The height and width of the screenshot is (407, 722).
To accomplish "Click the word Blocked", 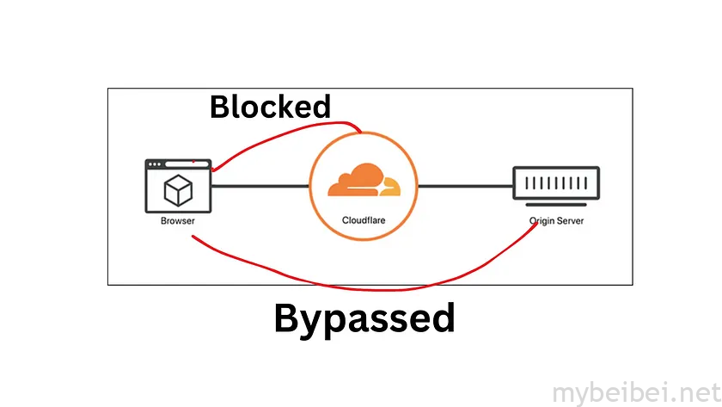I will tap(270, 107).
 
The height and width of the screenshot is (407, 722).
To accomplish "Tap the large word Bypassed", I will tap(364, 318).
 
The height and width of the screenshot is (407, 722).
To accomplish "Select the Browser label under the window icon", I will tap(178, 221).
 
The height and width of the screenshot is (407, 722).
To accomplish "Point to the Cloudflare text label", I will tap(363, 220).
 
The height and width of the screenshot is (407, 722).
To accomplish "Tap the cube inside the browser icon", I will tap(178, 191).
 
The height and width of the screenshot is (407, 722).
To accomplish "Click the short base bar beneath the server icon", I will tap(556, 205).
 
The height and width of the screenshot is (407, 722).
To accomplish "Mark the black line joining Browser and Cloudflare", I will tap(260, 185).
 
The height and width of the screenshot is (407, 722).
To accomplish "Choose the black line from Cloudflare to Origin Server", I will tap(464, 185).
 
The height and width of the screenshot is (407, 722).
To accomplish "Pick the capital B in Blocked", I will tap(221, 108).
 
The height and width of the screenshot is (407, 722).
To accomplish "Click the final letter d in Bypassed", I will tap(442, 318).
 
